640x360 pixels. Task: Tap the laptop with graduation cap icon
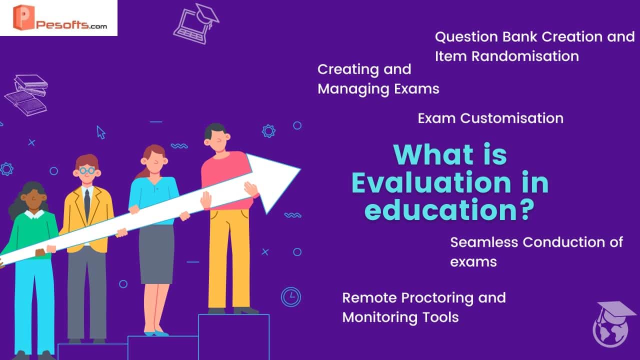click(196, 24)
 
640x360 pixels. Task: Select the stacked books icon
click(26, 95)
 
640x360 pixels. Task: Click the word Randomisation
click(525, 56)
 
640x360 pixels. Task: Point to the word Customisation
click(511, 118)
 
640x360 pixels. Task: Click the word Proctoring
click(437, 298)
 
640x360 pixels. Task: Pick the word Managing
click(353, 89)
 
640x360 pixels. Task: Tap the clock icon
click(291, 297)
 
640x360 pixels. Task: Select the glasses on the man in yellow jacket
click(87, 170)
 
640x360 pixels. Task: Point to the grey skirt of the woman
click(156, 254)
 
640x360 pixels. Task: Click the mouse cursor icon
click(101, 132)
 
